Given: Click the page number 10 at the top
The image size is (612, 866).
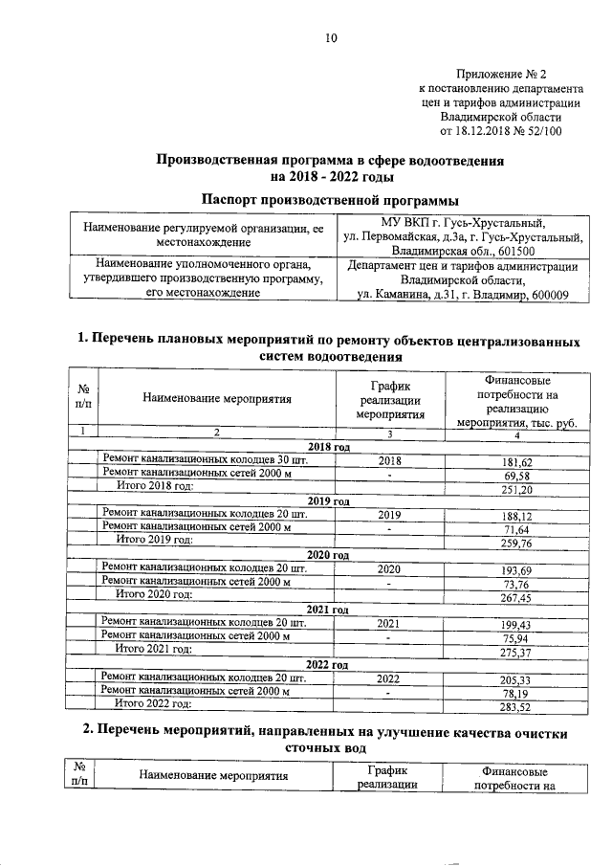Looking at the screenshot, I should (331, 37).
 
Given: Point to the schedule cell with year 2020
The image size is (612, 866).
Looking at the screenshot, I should (389, 569).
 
